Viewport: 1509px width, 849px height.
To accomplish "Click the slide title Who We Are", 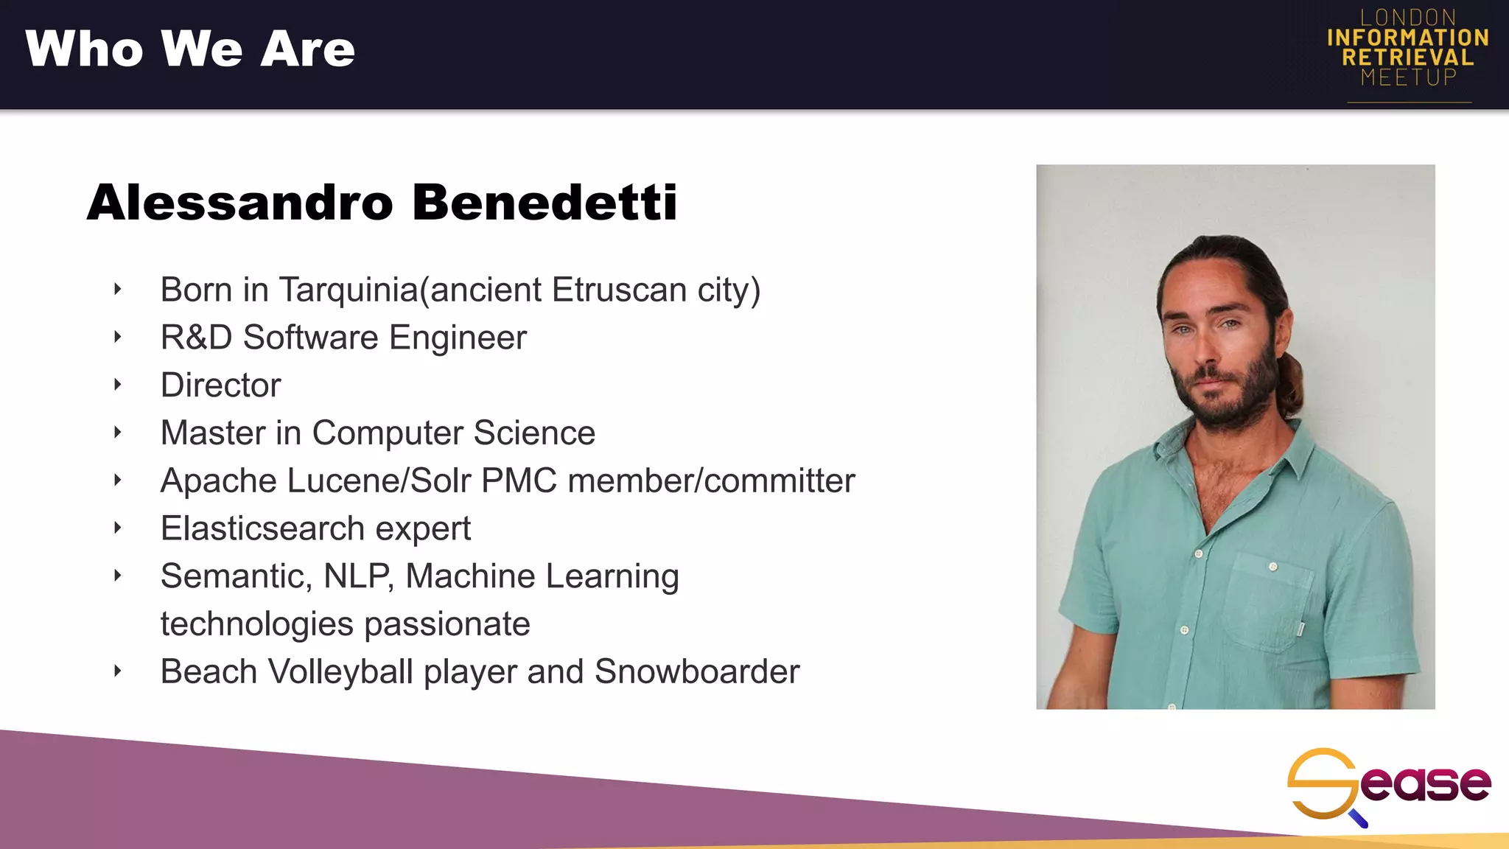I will click(x=190, y=49).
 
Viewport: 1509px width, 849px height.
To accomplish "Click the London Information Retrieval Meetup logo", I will click(x=1408, y=49).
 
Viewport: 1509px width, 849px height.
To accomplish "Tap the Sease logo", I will click(x=1389, y=786).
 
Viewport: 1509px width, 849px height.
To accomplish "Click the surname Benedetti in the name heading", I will click(x=545, y=202).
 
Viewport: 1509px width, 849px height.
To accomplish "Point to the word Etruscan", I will click(x=619, y=290).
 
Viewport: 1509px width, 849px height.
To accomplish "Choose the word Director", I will click(x=221, y=385).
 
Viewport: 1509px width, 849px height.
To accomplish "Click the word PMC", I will click(x=519, y=481).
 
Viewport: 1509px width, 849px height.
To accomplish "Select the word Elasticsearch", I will click(x=262, y=528).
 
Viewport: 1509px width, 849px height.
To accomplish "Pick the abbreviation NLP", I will click(x=358, y=576).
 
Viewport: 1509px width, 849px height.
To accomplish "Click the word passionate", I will click(x=447, y=624).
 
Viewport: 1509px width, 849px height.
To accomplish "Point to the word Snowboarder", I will click(x=696, y=671).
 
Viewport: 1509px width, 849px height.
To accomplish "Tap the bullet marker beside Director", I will click(x=117, y=385).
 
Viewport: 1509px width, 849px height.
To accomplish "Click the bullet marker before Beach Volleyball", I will click(x=117, y=671).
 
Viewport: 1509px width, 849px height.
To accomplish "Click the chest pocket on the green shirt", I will click(x=1268, y=601).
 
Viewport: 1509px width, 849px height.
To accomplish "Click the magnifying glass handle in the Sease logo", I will click(x=1358, y=818).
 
